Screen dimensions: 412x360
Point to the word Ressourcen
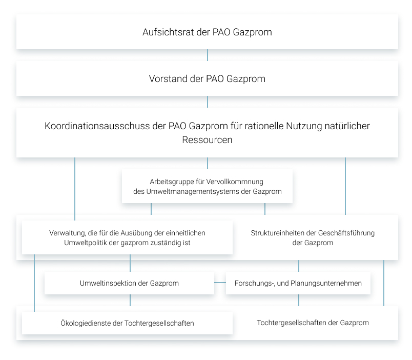pyautogui.click(x=207, y=140)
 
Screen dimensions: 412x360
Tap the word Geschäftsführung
pyautogui.click(x=346, y=233)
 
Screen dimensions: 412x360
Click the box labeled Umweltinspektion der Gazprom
pyautogui.click(x=129, y=283)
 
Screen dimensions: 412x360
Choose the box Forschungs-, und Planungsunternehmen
pyautogui.click(x=298, y=283)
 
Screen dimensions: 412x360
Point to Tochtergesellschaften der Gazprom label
pyautogui.click(x=313, y=323)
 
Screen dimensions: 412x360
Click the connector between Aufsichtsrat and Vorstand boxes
pyautogui.click(x=208, y=55)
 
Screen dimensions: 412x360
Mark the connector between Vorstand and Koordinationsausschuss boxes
pyautogui.click(x=208, y=102)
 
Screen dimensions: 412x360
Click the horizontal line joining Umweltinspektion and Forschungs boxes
pyautogui.click(x=220, y=283)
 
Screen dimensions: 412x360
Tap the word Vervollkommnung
pyautogui.click(x=235, y=182)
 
